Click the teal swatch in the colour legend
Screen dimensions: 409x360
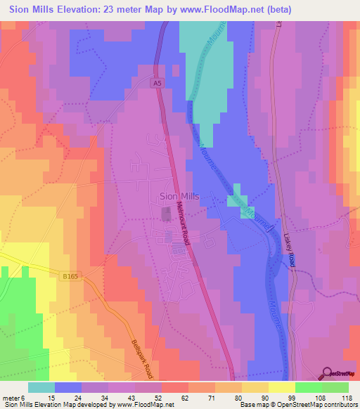[41, 387]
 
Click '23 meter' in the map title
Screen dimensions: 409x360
[115, 9]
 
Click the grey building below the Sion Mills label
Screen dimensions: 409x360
[167, 214]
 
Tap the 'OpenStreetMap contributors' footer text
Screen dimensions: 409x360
[313, 405]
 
